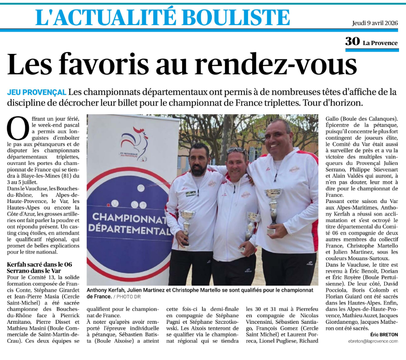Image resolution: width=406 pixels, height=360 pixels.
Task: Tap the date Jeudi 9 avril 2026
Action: click(375, 23)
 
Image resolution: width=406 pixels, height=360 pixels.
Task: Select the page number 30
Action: click(352, 42)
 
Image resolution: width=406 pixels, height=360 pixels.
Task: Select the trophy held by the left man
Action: click(187, 223)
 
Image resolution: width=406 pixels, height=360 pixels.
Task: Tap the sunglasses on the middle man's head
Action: click(236, 151)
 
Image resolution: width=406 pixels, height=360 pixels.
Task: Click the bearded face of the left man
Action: click(199, 161)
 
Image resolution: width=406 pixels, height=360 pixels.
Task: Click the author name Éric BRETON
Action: click(384, 334)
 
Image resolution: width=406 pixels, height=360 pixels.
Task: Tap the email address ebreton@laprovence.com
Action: click(373, 341)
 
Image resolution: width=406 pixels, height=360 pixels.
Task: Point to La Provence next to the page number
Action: click(380, 43)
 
